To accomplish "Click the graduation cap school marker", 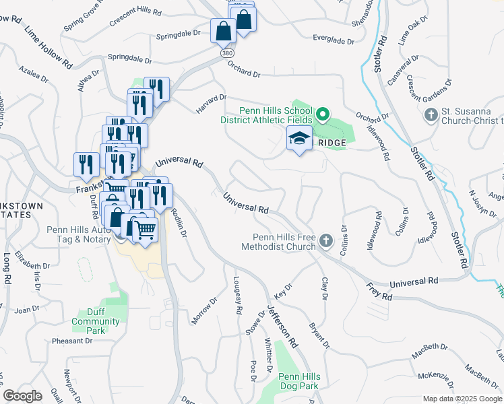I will pyautogui.click(x=299, y=139).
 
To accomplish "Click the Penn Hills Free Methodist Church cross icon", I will pyautogui.click(x=325, y=240).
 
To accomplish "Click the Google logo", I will pyautogui.click(x=23, y=396).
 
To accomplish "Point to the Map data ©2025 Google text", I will pyautogui.click(x=462, y=399).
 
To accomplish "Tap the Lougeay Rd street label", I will pyautogui.click(x=237, y=296).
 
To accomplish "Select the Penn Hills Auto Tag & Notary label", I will pyautogui.click(x=75, y=234).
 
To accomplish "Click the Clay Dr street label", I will pyautogui.click(x=324, y=288).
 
